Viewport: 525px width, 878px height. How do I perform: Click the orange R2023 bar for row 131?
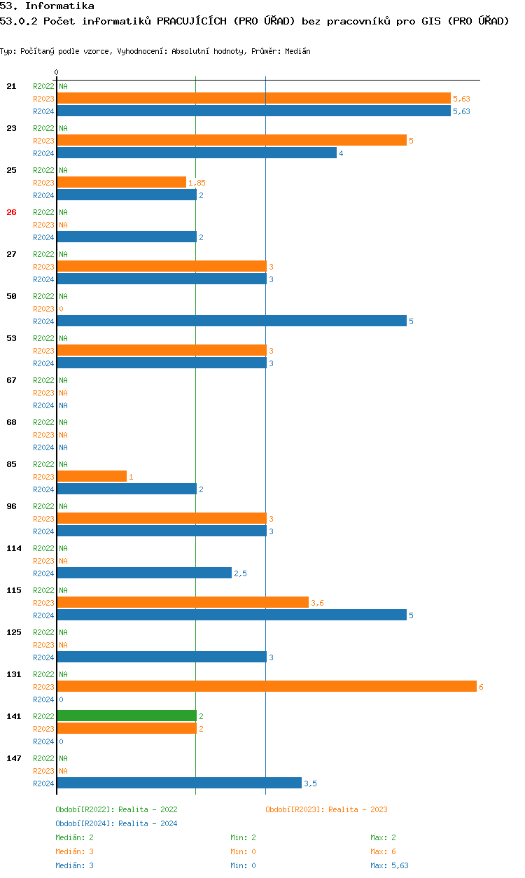pos(267,686)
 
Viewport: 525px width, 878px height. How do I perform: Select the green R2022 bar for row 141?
pos(127,716)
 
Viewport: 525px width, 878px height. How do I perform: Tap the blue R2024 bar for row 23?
pos(197,153)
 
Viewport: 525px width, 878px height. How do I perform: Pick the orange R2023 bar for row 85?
pos(92,476)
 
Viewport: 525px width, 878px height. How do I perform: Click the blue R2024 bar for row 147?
pos(179,783)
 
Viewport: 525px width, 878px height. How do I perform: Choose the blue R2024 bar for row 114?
pos(145,573)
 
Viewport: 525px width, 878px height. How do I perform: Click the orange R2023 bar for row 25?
pos(122,182)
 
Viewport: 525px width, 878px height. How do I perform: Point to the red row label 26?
pos(11,212)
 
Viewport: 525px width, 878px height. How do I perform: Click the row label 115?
pos(14,590)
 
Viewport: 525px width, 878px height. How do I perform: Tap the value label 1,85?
pos(197,183)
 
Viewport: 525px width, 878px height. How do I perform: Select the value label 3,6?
pos(317,603)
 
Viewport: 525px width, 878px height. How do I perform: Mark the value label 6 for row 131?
pos(481,687)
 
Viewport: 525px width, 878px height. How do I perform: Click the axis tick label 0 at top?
pos(57,72)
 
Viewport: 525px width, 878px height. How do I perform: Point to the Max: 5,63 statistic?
pos(389,865)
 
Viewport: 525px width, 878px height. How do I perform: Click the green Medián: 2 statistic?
pos(74,837)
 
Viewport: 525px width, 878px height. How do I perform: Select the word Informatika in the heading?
pos(59,6)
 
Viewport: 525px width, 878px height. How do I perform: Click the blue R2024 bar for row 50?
pos(232,321)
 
